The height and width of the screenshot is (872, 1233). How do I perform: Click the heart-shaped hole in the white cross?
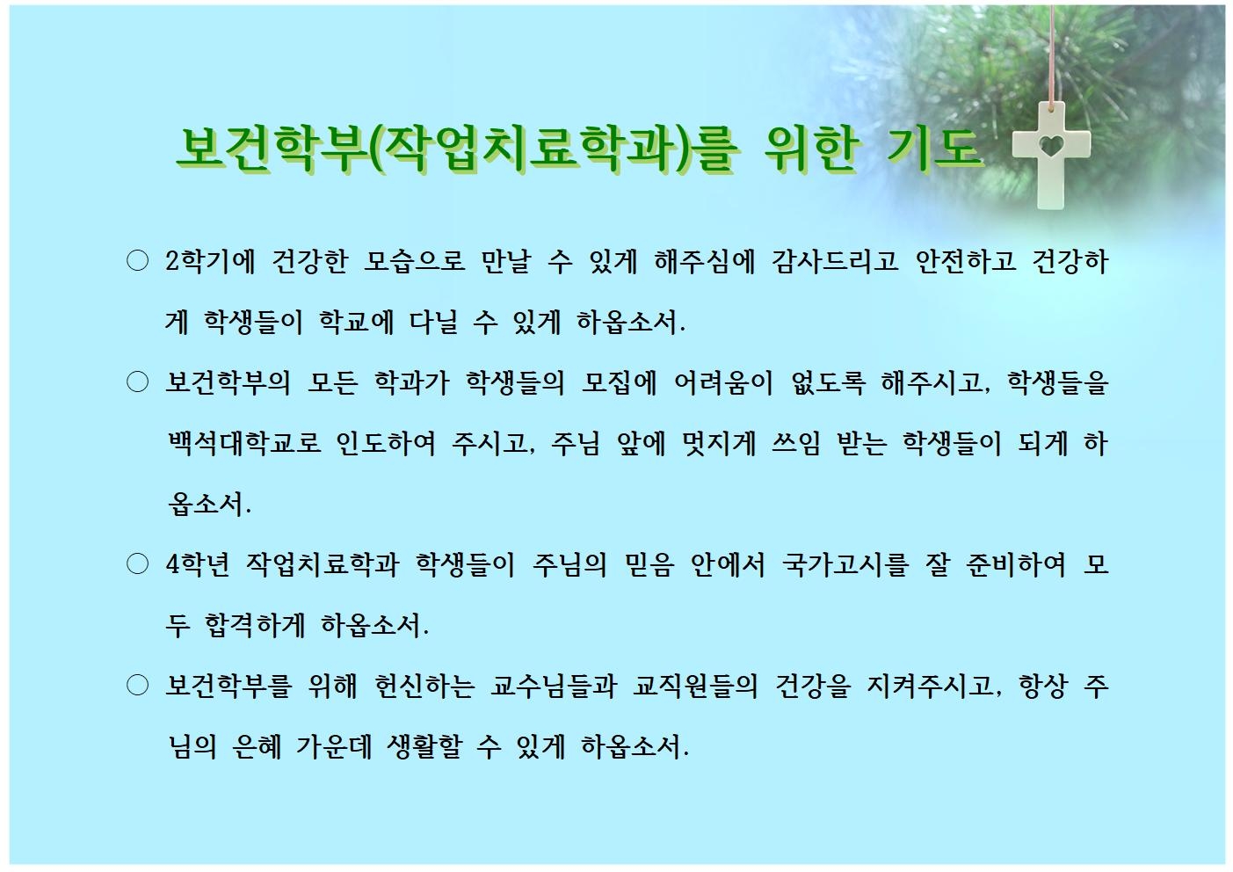click(x=1052, y=145)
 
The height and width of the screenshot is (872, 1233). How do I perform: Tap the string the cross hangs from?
click(x=1053, y=55)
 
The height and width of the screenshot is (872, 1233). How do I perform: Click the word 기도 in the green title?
click(x=934, y=148)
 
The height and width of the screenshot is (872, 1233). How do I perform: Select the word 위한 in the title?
click(x=811, y=148)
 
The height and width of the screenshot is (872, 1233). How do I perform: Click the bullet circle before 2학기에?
click(x=138, y=261)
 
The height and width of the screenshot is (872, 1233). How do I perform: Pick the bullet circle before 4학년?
click(x=138, y=564)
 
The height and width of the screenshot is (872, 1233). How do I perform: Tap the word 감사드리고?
click(x=835, y=261)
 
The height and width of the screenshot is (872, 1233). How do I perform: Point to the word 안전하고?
click(x=966, y=261)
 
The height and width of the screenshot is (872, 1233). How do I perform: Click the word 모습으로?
click(x=415, y=261)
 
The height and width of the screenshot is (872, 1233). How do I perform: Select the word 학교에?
click(x=357, y=322)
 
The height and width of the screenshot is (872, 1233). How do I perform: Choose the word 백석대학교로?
click(x=243, y=443)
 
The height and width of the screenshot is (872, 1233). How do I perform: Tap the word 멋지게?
click(x=719, y=443)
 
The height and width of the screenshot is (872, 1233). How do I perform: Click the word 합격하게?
click(x=254, y=625)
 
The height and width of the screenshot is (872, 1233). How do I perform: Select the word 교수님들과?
click(x=553, y=687)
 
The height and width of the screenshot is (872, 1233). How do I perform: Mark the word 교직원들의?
click(x=695, y=687)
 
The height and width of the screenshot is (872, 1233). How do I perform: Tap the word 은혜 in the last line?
click(x=257, y=747)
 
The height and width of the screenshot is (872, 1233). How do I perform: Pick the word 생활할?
click(x=424, y=747)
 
